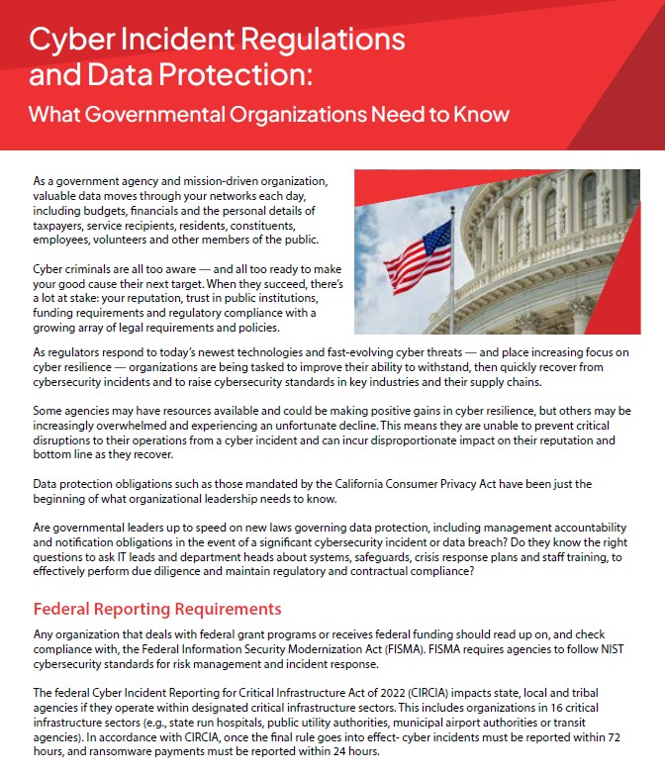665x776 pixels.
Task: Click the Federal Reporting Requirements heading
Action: click(x=157, y=608)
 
